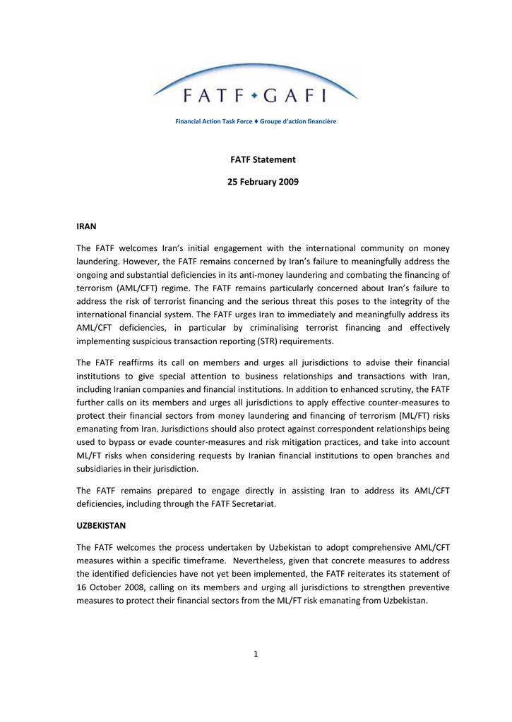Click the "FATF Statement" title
tap(263, 159)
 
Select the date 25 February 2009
tap(263, 182)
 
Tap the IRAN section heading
tap(85, 226)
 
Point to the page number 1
tap(256, 654)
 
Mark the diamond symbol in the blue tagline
tap(256, 121)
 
